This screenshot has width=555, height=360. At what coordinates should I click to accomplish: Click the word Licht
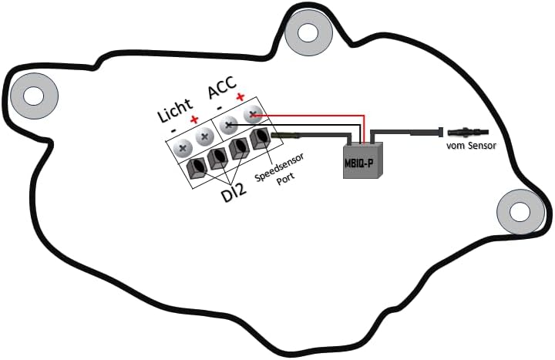click(175, 110)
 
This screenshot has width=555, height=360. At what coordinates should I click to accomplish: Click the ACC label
click(222, 87)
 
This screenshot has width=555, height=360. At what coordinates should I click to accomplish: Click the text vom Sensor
click(471, 146)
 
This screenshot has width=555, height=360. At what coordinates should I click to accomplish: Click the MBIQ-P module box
click(363, 160)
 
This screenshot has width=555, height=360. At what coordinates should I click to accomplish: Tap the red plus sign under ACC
click(240, 96)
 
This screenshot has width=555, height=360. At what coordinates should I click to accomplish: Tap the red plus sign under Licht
click(194, 119)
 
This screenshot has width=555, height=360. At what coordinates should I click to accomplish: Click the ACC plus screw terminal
click(252, 115)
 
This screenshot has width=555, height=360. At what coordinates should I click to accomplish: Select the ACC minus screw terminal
click(228, 125)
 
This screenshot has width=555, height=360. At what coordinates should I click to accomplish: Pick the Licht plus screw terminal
click(204, 136)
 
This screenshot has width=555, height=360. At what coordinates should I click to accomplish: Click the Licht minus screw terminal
click(183, 148)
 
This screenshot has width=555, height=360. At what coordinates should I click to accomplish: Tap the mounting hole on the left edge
click(34, 96)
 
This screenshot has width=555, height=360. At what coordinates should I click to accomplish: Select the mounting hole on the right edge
click(520, 212)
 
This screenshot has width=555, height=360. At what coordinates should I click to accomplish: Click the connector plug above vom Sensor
click(468, 133)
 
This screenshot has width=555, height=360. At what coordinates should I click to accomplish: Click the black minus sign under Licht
click(173, 130)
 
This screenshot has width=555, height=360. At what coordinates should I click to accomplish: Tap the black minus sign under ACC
click(220, 107)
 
